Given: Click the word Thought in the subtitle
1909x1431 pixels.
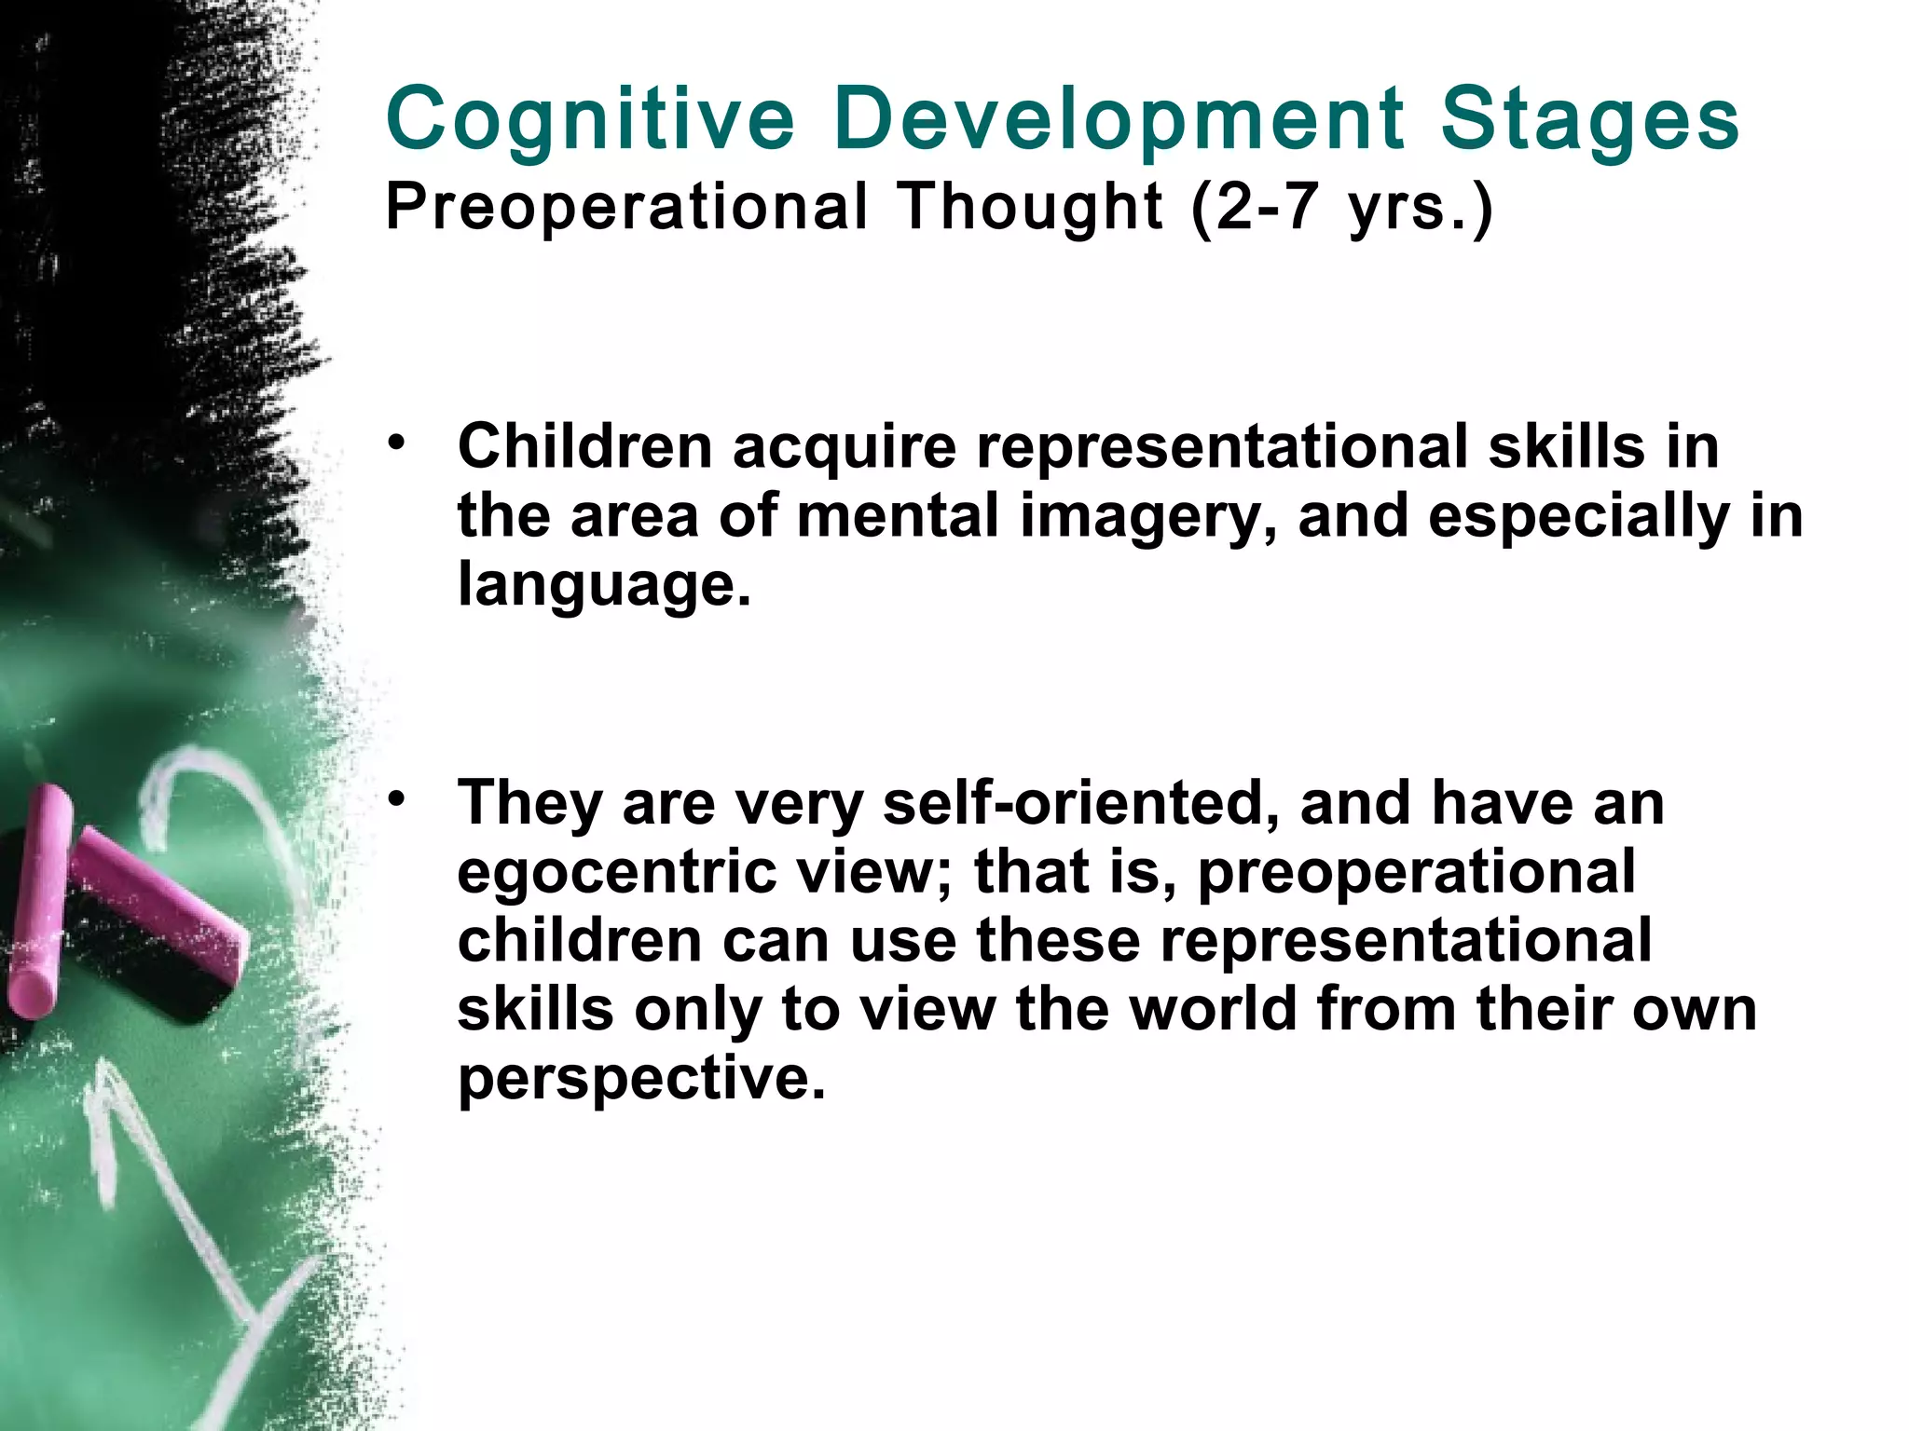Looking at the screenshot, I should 1030,206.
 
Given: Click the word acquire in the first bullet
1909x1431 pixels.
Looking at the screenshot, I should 844,447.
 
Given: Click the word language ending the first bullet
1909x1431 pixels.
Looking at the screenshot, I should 603,586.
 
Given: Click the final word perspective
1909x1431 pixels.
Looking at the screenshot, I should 641,1078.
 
